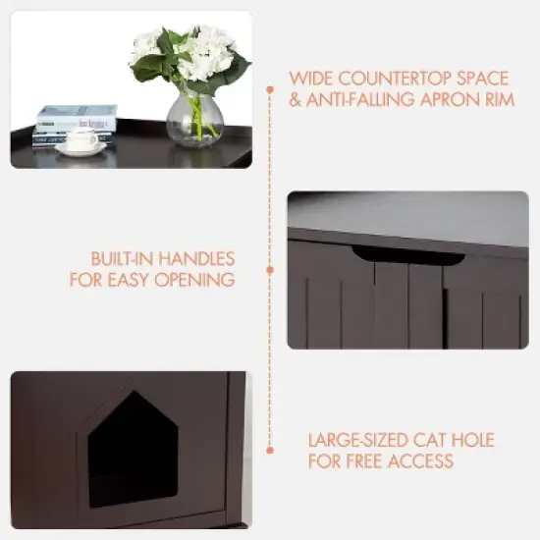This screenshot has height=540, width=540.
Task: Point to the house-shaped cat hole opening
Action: click(133, 447)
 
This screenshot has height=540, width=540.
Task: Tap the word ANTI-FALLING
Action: click(365, 98)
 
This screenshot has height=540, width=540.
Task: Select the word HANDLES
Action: click(198, 259)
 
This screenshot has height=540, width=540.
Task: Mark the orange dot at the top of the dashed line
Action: click(270, 87)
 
